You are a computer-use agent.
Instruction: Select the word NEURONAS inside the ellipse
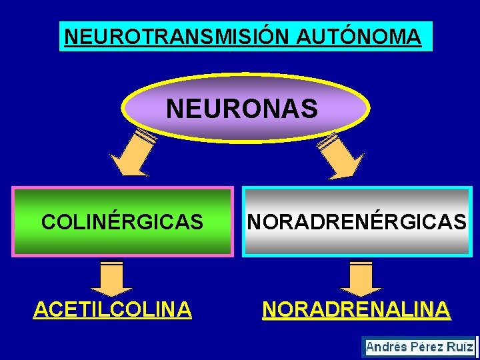tap(242, 108)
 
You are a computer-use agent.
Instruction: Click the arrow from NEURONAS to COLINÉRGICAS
tap(133, 153)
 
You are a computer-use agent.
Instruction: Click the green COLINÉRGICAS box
tap(123, 221)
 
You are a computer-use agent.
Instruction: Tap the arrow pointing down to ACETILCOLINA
tap(111, 277)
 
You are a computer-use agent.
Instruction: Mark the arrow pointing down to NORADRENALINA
tap(361, 277)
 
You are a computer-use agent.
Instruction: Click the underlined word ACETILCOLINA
tap(113, 309)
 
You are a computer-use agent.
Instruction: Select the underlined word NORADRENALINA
tap(356, 309)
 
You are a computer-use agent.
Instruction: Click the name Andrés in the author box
tap(387, 347)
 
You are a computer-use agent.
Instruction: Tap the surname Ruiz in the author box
tap(460, 347)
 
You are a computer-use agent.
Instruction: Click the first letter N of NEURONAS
tap(174, 108)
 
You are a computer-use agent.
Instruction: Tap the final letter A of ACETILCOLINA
tap(184, 309)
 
